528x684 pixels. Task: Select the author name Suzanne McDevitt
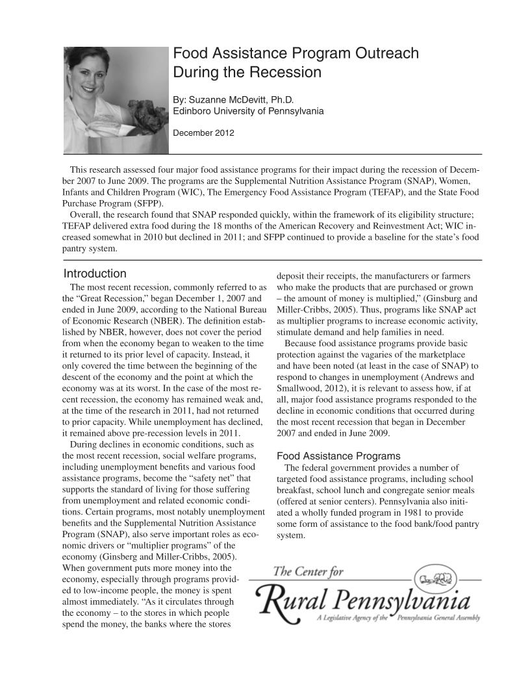tap(234, 100)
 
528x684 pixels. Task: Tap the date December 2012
tap(203, 133)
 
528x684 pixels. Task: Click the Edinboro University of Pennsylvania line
tap(248, 111)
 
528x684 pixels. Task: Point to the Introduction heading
tap(95, 273)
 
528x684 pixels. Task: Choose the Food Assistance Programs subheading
tap(338, 456)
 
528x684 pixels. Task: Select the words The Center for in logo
tap(308, 572)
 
